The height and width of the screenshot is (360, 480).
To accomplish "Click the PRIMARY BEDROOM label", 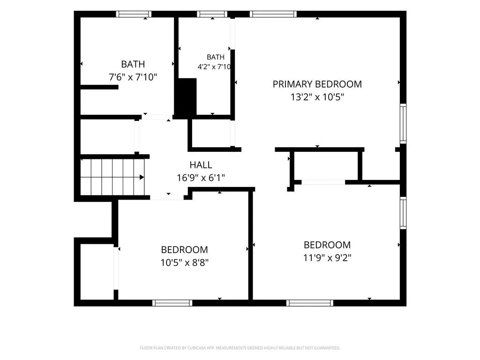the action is pyautogui.click(x=317, y=84).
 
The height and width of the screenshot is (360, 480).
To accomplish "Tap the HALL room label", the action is pyautogui.click(x=201, y=165).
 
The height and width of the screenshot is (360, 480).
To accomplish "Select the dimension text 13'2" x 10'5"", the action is pyautogui.click(x=317, y=97).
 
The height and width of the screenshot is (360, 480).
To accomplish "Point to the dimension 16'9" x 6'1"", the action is pyautogui.click(x=201, y=178).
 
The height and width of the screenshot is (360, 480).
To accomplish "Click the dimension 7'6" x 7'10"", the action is pyautogui.click(x=133, y=77).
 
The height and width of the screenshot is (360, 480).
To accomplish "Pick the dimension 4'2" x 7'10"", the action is pyautogui.click(x=214, y=67).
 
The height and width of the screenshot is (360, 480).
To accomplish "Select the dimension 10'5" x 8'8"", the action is pyautogui.click(x=185, y=262).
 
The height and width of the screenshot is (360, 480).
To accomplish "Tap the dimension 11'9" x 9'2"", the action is pyautogui.click(x=327, y=258).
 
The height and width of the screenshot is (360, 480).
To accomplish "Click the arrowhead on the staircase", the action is pyautogui.click(x=142, y=177).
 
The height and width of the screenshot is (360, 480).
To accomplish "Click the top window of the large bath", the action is pyautogui.click(x=134, y=14).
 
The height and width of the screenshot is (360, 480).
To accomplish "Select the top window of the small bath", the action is pyautogui.click(x=212, y=14).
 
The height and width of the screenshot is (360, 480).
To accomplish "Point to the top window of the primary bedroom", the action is pyautogui.click(x=273, y=14).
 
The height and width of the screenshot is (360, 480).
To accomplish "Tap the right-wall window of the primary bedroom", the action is pyautogui.click(x=403, y=124).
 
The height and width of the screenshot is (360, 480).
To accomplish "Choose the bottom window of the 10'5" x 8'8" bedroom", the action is pyautogui.click(x=172, y=303).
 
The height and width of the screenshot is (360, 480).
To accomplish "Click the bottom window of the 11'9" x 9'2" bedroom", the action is pyautogui.click(x=310, y=303).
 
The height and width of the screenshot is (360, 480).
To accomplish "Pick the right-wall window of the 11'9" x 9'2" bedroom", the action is pyautogui.click(x=403, y=213).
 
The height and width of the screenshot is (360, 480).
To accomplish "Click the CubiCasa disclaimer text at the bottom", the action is pyautogui.click(x=240, y=348).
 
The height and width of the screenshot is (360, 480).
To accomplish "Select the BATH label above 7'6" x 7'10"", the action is pyautogui.click(x=133, y=64).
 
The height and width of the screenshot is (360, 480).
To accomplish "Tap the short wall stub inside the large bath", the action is pyautogui.click(x=99, y=87).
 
